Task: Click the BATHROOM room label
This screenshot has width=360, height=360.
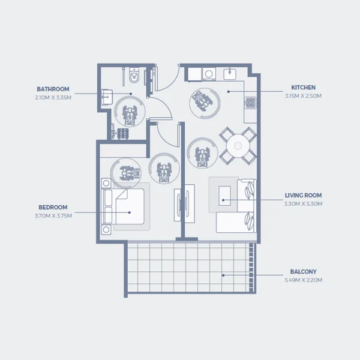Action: tap(53, 89)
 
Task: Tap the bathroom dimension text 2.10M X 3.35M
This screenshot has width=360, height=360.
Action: tap(53, 98)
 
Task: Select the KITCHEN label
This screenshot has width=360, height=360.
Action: tap(303, 88)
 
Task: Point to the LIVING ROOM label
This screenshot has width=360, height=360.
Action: tap(303, 196)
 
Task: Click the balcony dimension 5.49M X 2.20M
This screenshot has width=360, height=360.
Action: tap(303, 280)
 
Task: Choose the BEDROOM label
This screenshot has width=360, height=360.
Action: tap(53, 208)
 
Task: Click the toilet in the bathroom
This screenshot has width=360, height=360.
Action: tap(134, 75)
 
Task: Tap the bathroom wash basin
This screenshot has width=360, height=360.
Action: tap(107, 97)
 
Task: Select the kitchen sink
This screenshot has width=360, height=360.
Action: tap(230, 74)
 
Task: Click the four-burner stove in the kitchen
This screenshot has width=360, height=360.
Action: tap(250, 103)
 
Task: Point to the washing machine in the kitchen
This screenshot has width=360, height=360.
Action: tap(209, 74)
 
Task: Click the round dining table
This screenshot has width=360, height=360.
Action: tap(238, 146)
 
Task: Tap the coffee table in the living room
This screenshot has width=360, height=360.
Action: tap(224, 196)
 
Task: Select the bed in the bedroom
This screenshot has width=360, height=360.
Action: tap(124, 206)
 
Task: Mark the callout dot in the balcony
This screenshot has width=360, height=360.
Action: tap(223, 275)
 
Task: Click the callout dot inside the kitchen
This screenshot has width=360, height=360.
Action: tap(229, 92)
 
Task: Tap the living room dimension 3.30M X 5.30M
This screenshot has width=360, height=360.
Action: tap(303, 204)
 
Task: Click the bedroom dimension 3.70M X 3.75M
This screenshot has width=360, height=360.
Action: tap(53, 216)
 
